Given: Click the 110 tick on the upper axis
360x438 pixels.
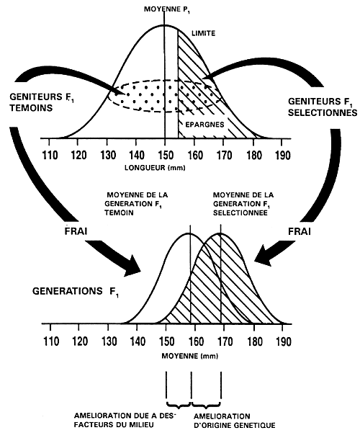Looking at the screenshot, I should tap(50, 155).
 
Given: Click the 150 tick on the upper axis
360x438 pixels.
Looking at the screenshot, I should tap(166, 155).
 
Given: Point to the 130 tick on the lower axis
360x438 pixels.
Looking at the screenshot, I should tap(108, 341).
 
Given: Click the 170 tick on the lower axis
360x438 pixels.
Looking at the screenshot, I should tap(225, 341).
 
